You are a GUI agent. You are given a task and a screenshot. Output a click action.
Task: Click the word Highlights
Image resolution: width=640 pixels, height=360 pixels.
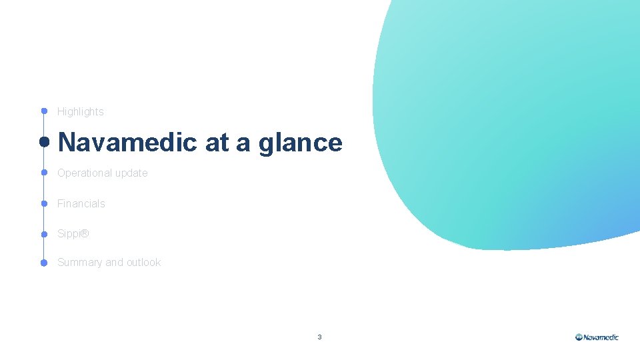[x=81, y=112]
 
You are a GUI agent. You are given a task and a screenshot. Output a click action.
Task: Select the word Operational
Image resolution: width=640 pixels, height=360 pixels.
[x=85, y=173]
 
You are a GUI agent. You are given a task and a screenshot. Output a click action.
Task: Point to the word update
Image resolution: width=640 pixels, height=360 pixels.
[x=131, y=173]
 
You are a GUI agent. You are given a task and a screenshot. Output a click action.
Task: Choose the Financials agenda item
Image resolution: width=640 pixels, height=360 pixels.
[x=81, y=204]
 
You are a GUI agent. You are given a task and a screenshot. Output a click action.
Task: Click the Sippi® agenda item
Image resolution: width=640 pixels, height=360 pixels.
[x=73, y=235]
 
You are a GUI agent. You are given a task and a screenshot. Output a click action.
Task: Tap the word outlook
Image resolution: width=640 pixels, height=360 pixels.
[x=144, y=263]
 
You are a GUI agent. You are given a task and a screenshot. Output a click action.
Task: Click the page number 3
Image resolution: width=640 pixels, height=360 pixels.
[x=319, y=337]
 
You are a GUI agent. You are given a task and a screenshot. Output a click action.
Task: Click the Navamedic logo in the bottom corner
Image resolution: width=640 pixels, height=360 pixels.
[x=597, y=337]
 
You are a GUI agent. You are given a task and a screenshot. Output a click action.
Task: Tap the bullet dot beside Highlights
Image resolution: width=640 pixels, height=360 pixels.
[x=44, y=111]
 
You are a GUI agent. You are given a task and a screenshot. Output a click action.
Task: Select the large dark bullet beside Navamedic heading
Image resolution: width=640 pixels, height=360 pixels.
[x=44, y=142]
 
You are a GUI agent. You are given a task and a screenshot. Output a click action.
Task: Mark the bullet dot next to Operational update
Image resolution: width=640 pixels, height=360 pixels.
[x=44, y=173]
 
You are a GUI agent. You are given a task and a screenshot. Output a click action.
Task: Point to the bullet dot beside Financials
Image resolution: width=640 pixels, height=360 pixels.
[x=44, y=203]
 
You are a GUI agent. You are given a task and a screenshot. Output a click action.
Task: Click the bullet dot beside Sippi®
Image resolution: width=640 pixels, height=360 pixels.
[x=44, y=234]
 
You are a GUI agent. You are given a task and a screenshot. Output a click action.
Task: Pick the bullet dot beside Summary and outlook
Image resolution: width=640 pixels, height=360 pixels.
[x=44, y=263]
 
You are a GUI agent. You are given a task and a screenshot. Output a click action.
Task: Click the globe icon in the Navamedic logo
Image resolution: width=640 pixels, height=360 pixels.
[x=579, y=337]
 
